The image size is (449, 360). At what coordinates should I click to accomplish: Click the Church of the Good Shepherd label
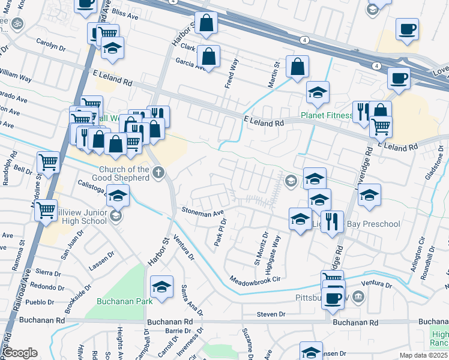point(124,173)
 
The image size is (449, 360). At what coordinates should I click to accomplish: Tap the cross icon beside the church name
point(159,174)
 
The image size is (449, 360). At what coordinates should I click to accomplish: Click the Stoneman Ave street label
point(203,212)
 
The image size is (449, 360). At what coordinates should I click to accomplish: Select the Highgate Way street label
point(277,249)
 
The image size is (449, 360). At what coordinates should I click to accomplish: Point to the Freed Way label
point(231,74)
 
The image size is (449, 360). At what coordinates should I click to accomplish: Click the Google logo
point(20,352)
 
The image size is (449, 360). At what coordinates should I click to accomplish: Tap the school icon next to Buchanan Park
point(161,287)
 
